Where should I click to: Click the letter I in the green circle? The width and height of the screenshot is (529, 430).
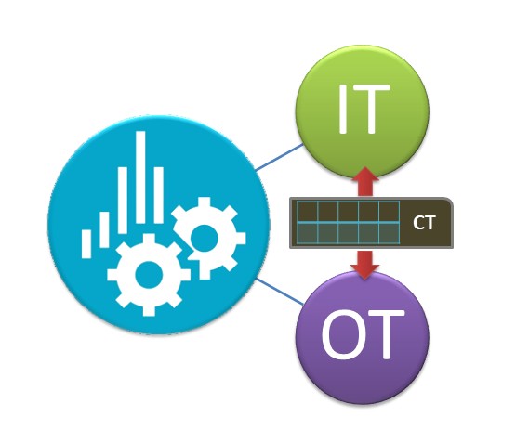(x=343, y=109)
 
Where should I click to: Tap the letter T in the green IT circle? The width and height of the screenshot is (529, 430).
(x=371, y=109)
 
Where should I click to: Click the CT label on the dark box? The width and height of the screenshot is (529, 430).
(x=425, y=223)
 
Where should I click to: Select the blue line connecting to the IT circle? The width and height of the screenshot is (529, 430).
(x=279, y=157)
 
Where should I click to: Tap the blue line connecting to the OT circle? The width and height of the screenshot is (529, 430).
(x=279, y=292)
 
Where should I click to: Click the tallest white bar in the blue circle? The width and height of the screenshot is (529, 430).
(x=140, y=177)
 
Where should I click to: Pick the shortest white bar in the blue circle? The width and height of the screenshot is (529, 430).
(x=86, y=244)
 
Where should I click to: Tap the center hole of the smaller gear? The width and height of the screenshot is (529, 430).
(x=205, y=238)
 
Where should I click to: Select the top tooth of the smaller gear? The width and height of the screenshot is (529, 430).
(x=205, y=202)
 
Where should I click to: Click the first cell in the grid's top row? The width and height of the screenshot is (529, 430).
(x=307, y=212)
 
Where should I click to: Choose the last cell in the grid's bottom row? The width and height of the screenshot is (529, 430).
(x=389, y=233)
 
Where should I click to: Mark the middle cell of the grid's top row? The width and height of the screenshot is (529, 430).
(x=348, y=212)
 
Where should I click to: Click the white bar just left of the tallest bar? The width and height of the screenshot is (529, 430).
(x=123, y=201)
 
